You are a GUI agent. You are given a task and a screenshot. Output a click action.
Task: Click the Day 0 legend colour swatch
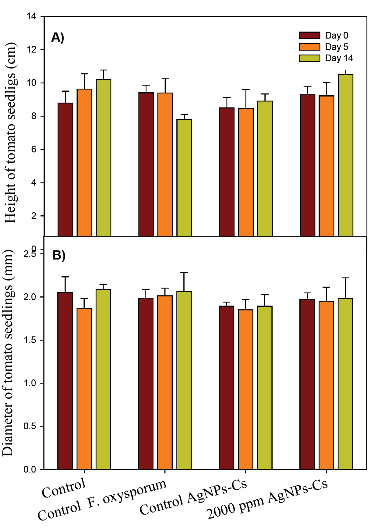(x=309, y=36)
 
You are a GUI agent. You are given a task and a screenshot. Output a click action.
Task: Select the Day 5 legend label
(x=336, y=47)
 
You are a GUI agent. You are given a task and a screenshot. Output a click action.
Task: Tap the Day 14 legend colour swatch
(x=309, y=58)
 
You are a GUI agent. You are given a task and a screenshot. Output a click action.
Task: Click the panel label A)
(x=58, y=37)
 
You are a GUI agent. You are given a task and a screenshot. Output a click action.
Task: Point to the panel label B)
(x=59, y=255)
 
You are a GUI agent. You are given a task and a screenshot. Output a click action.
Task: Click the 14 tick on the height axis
(x=31, y=16)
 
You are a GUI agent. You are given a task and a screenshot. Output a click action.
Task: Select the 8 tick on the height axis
(x=33, y=116)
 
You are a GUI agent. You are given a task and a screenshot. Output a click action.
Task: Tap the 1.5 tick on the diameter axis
(x=30, y=340)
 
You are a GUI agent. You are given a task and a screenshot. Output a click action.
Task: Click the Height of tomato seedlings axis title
(x=11, y=133)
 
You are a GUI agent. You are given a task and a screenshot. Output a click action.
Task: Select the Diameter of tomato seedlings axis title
(x=8, y=353)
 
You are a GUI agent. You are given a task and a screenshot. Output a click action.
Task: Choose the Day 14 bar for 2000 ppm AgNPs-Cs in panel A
(x=346, y=155)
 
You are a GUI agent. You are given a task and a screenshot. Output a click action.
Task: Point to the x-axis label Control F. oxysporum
(x=102, y=500)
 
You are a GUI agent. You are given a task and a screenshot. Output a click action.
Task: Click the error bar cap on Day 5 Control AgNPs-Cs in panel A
(x=246, y=90)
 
